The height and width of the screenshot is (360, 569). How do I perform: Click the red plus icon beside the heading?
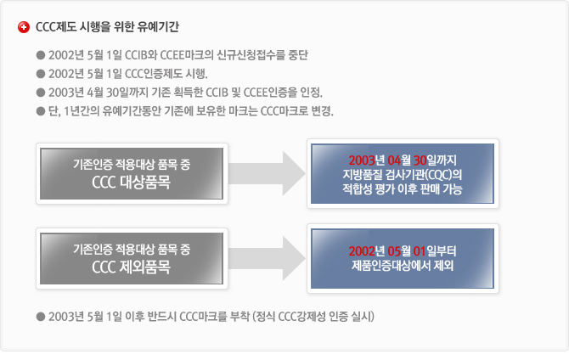pos(24,27)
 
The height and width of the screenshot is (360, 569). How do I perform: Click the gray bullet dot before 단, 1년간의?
pos(41,111)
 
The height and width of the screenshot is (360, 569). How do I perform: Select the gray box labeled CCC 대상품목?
pos(132,173)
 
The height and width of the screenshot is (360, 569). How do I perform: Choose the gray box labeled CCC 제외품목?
pos(132,258)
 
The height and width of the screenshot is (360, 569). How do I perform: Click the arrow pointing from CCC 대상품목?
pos(267,173)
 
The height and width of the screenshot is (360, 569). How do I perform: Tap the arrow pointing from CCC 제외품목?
pos(267,258)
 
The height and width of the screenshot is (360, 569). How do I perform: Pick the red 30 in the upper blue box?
pos(420,160)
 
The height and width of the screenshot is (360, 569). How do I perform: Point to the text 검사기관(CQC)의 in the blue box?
pos(424,175)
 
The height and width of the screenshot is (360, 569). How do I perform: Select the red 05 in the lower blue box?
pos(394,251)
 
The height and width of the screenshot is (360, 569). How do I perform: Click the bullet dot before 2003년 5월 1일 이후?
pos(41,317)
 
